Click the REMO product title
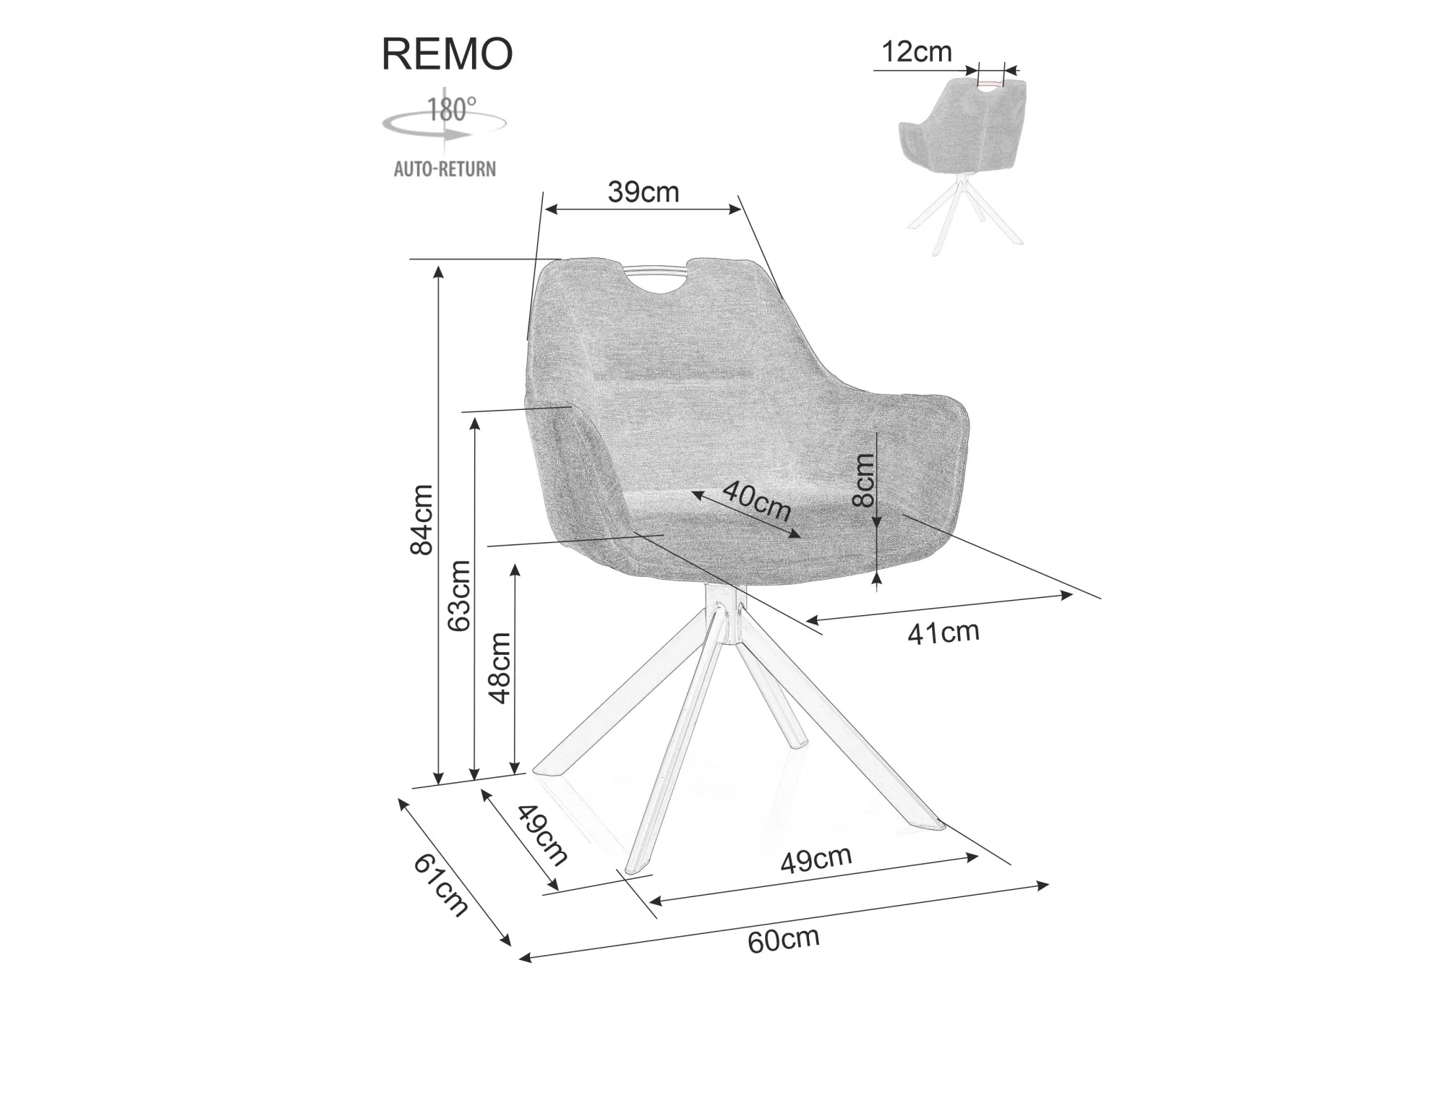point(447,53)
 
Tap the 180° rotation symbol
point(444,121)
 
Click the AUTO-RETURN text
point(445,169)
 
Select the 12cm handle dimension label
point(917,52)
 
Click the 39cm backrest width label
point(643,192)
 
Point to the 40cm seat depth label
point(756,501)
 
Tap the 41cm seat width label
point(943,633)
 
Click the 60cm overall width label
point(783,940)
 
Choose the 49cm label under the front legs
point(816,859)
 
